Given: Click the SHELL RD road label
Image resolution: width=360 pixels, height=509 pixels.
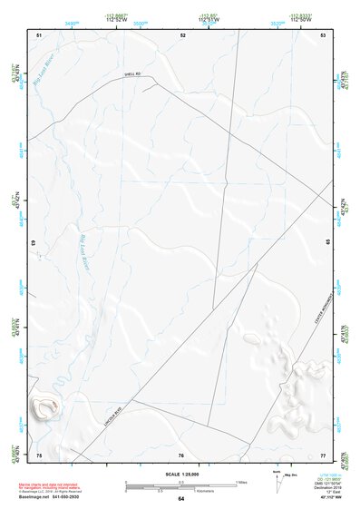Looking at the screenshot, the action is (x=133, y=75).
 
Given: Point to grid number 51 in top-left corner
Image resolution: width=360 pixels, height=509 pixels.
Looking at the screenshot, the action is (x=39, y=34).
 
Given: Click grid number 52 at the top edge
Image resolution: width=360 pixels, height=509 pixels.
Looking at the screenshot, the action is (x=183, y=34).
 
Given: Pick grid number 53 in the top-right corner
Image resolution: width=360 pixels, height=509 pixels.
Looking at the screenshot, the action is (x=324, y=34).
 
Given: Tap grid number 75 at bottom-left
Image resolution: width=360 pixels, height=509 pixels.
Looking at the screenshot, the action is (x=39, y=454).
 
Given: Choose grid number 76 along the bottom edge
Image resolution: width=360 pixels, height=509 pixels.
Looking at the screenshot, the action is (x=181, y=454).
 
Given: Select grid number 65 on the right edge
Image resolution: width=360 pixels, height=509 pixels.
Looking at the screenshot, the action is (x=327, y=242).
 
